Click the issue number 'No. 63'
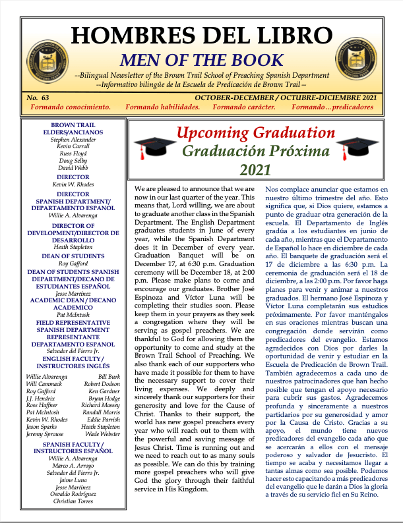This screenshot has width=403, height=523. pyautogui.click(x=38, y=97)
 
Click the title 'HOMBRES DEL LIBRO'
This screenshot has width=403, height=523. pyautogui.click(x=201, y=34)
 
